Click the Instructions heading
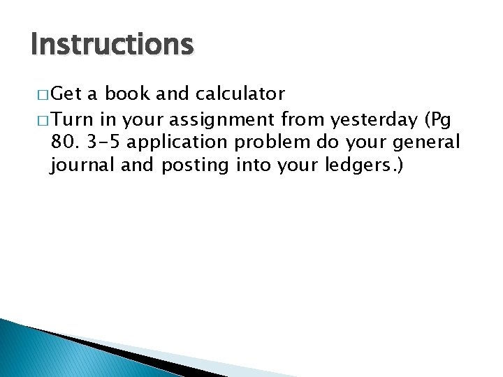(112, 45)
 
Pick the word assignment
(219, 119)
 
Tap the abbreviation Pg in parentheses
(442, 119)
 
